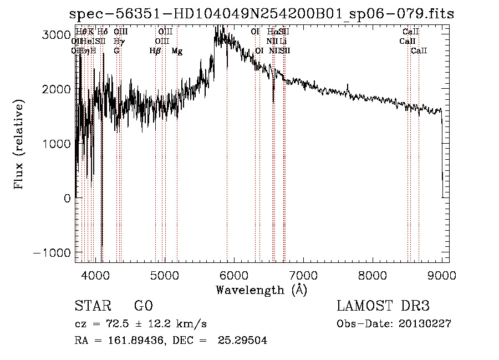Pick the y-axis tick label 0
point(68,198)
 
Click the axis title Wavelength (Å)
point(261,290)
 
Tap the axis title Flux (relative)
point(20,144)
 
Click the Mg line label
point(177,51)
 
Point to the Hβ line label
point(155,51)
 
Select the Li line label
point(283,41)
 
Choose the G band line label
point(116,51)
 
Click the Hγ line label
point(118,41)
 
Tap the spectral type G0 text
point(144,307)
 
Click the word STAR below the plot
point(93,307)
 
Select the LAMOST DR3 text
point(383,306)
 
